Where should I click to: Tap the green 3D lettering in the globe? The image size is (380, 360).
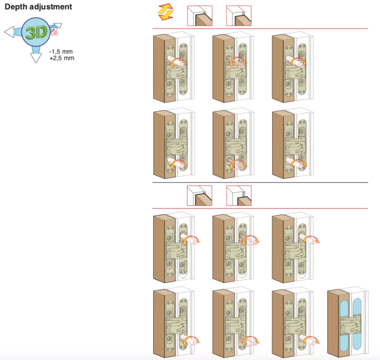pyautogui.click(x=36, y=33)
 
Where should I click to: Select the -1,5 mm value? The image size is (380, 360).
pyautogui.click(x=61, y=52)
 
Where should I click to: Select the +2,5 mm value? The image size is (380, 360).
pyautogui.click(x=62, y=58)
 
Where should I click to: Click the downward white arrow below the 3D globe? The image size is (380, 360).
pyautogui.click(x=36, y=56)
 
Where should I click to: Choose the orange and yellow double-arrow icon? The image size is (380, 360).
pyautogui.click(x=165, y=13)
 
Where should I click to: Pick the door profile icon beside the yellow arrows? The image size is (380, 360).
pyautogui.click(x=200, y=15)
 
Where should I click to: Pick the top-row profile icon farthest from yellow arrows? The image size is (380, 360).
pyautogui.click(x=238, y=15)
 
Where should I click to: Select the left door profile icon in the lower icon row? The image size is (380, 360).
pyautogui.click(x=199, y=196)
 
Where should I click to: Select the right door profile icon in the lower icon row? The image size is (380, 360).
pyautogui.click(x=238, y=196)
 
